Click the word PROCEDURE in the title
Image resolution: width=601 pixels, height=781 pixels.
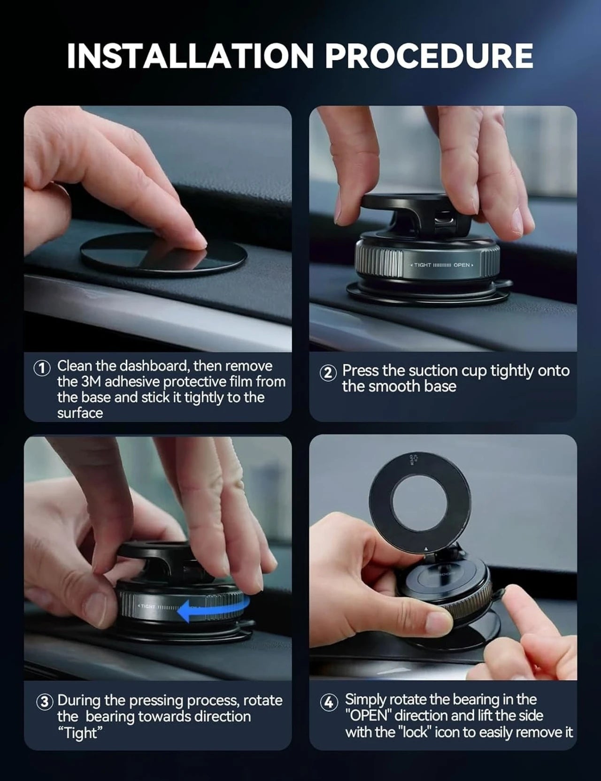[x=429, y=56]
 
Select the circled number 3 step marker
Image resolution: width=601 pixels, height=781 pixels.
[x=44, y=703]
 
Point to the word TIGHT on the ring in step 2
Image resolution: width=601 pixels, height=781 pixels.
[x=422, y=265]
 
